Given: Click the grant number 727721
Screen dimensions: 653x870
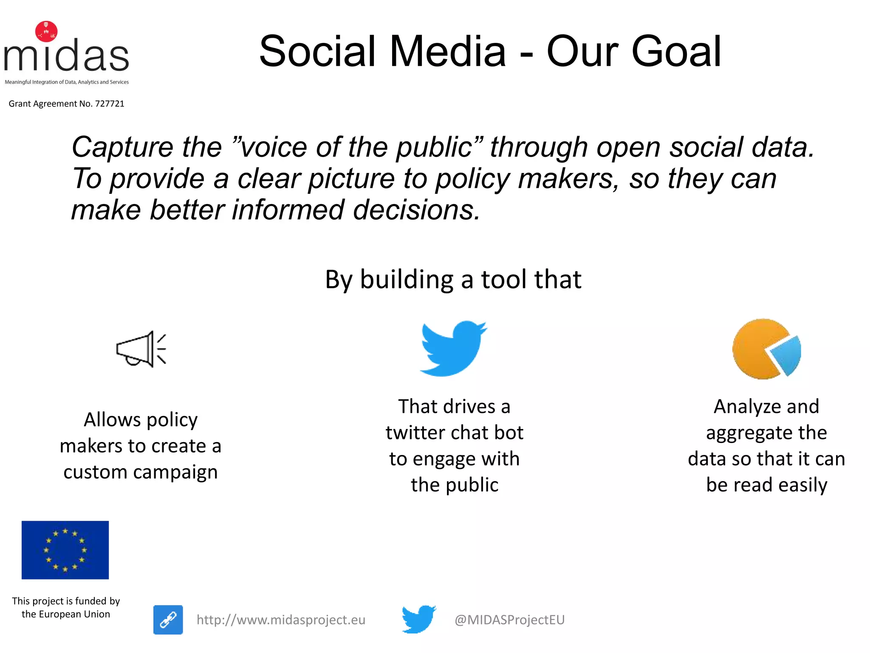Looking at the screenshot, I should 110,104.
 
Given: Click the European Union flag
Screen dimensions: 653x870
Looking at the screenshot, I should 65,550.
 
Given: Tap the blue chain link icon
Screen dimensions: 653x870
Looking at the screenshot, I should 168,620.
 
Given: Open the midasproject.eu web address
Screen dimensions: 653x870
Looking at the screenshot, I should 281,620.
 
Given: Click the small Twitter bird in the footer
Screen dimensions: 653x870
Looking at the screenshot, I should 418,619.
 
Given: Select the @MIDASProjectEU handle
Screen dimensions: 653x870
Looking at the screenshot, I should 509,620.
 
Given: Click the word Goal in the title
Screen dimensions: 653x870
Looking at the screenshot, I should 676,52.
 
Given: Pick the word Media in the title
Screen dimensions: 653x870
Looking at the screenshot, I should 447,52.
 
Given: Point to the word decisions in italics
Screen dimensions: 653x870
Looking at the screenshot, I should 416,210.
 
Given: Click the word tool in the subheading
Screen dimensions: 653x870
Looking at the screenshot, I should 504,280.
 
